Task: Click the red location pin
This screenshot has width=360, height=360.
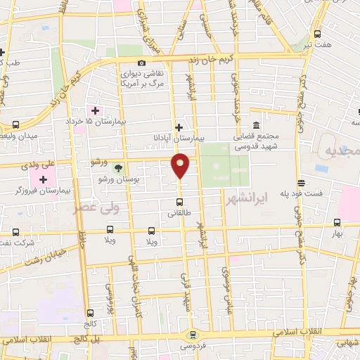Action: [x=181, y=165]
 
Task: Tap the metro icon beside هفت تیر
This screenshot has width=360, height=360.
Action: [x=318, y=33]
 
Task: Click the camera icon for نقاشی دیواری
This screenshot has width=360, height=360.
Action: [x=142, y=63]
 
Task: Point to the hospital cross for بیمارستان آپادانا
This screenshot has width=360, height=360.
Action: [x=179, y=127]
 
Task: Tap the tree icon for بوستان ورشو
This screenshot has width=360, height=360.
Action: [x=118, y=167]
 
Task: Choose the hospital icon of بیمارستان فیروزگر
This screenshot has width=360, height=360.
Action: [x=44, y=179]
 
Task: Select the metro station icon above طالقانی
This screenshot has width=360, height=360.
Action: [x=180, y=204]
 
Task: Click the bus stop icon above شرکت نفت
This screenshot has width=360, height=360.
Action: [x=15, y=232]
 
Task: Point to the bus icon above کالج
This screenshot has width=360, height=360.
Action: [x=90, y=314]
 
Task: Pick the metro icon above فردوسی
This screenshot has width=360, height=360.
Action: [x=191, y=335]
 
